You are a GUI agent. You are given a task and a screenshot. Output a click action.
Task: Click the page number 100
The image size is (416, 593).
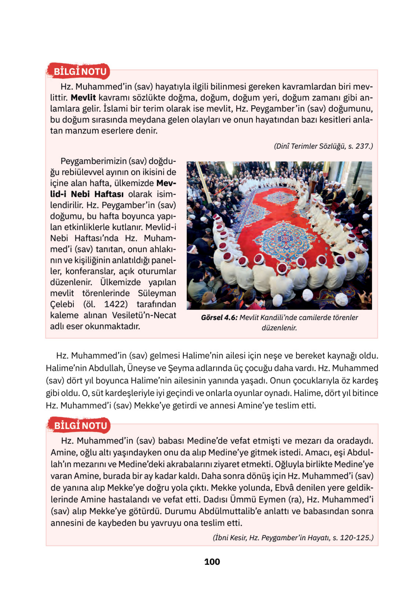click(x=212, y=562)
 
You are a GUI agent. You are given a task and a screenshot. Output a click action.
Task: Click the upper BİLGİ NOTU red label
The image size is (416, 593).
click(x=80, y=71)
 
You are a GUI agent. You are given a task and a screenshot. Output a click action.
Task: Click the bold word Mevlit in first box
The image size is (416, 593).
click(x=83, y=98)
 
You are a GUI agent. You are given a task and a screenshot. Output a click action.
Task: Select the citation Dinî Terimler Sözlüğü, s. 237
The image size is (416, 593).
click(x=323, y=146)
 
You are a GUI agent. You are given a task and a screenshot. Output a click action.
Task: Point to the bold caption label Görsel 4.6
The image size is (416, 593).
click(x=219, y=318)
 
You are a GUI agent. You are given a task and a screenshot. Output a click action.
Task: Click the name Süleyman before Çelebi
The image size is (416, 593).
click(x=157, y=293)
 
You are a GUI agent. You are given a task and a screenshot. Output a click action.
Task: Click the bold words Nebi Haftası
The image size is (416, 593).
click(x=97, y=194)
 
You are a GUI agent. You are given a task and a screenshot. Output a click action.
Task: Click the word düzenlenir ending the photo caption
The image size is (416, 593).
click(x=279, y=328)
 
